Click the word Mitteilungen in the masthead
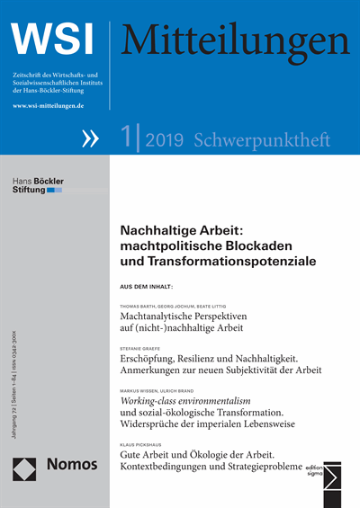(x=236, y=39)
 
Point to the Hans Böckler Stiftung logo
(x=38, y=184)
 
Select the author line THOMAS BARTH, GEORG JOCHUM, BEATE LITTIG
(x=177, y=305)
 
